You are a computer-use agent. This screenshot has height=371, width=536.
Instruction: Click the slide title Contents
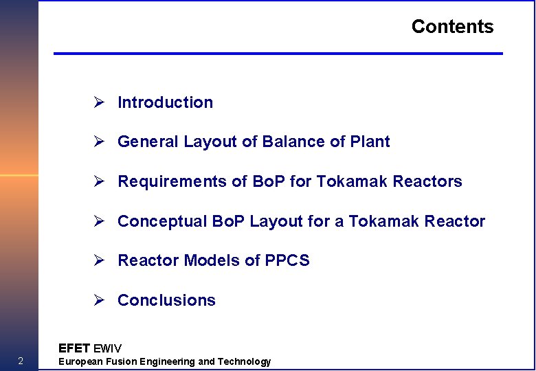pyautogui.click(x=452, y=27)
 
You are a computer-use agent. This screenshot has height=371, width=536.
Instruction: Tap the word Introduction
pyautogui.click(x=165, y=102)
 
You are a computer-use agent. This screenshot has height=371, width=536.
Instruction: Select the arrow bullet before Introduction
pyautogui.click(x=99, y=102)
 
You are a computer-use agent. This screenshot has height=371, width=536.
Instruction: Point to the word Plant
pyautogui.click(x=370, y=142)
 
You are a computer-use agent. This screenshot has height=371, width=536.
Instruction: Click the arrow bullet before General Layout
pyautogui.click(x=99, y=142)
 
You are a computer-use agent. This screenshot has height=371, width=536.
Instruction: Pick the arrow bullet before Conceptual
pyautogui.click(x=99, y=221)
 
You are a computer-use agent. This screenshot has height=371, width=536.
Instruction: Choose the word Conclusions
pyautogui.click(x=166, y=300)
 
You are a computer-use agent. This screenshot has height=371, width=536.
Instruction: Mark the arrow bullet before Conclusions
pyautogui.click(x=99, y=300)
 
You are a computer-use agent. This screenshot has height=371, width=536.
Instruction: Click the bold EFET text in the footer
pyautogui.click(x=74, y=348)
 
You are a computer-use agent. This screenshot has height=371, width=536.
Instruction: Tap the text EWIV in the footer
pyautogui.click(x=107, y=348)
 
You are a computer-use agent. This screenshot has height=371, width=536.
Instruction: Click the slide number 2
pyautogui.click(x=21, y=361)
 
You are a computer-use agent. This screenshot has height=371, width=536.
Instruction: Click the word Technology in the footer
pyautogui.click(x=244, y=361)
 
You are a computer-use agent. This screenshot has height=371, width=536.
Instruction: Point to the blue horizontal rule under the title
pyautogui.click(x=278, y=53)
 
